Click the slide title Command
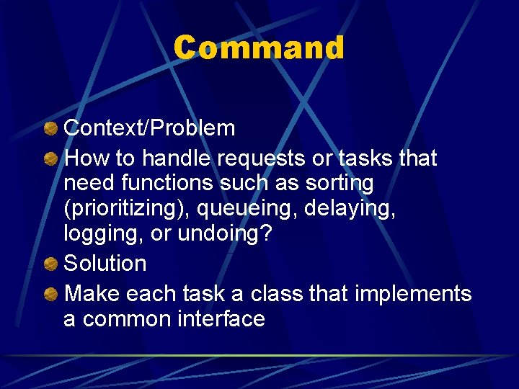click(x=259, y=48)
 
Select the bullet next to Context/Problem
click(x=51, y=129)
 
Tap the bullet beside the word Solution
click(x=51, y=264)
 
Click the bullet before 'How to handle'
click(x=51, y=158)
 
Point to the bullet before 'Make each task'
click(x=51, y=294)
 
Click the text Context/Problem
click(x=149, y=128)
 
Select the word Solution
click(x=105, y=264)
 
